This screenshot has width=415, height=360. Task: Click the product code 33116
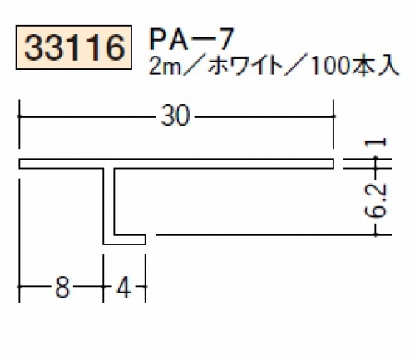tap(74, 47)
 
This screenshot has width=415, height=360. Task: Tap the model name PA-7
tap(190, 40)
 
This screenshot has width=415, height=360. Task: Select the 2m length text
tap(165, 67)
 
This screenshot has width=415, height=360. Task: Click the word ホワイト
tap(245, 67)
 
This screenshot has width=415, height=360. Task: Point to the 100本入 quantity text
tap(356, 67)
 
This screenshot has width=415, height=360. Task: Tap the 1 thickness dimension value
tap(376, 143)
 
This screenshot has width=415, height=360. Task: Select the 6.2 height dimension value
tap(375, 200)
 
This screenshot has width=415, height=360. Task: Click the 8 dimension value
tap(62, 287)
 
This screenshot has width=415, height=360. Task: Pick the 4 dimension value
tap(124, 287)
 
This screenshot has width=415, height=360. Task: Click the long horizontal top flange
tap(176, 164)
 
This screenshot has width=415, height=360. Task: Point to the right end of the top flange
tap(333, 164)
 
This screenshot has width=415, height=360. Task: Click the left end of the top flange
tap(19, 164)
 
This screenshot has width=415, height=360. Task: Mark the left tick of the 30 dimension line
tap(19, 116)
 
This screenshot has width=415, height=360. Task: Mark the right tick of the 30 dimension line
tap(333, 116)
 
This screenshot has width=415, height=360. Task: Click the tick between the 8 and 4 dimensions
tap(103, 287)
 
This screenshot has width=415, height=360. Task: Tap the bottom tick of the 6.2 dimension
tap(376, 235)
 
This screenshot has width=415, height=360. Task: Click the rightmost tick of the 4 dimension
tap(146, 287)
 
